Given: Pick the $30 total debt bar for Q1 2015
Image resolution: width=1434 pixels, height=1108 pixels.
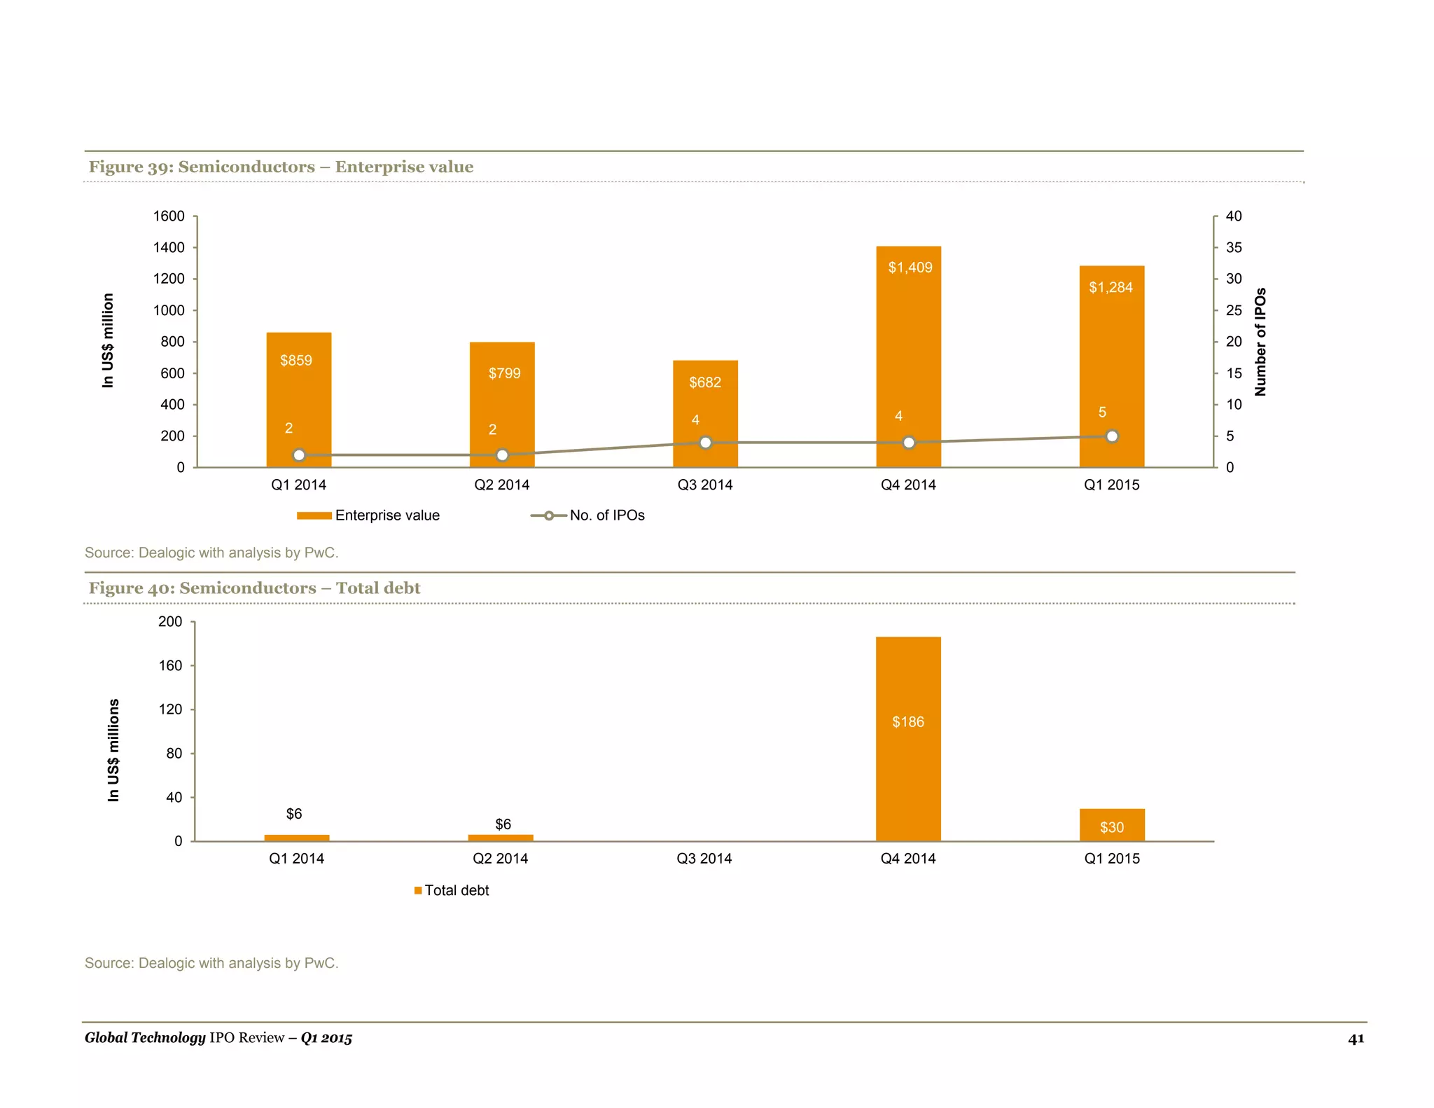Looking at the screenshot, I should click(x=1112, y=825).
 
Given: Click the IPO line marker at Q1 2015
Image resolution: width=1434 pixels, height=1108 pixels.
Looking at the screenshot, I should click(x=1112, y=436).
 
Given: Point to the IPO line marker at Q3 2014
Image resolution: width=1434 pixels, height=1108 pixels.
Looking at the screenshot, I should click(x=706, y=443).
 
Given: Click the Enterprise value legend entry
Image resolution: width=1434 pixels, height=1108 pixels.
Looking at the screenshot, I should click(x=369, y=515).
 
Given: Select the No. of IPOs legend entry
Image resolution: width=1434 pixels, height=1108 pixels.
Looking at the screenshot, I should click(x=588, y=515).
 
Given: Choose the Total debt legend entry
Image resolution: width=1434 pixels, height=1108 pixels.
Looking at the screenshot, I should click(x=452, y=890).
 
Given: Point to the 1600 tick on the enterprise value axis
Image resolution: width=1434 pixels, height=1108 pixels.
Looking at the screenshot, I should click(x=169, y=216).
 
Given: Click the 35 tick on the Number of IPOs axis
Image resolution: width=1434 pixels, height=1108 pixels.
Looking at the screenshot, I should click(x=1234, y=247).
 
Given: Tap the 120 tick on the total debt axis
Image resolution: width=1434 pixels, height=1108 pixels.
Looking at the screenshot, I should click(x=170, y=709).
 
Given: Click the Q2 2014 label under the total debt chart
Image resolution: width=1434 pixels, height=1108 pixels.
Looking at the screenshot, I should click(x=501, y=859).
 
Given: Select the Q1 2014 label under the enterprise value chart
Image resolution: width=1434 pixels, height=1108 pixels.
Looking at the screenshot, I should click(x=298, y=485).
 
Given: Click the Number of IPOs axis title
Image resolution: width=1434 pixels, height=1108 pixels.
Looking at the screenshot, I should click(x=1260, y=342).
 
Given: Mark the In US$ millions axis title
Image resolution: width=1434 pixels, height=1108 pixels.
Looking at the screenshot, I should click(x=113, y=750).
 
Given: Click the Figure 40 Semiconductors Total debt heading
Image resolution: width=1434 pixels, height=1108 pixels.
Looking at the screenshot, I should click(x=254, y=588).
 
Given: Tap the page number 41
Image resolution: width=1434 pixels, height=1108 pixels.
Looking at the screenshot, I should click(x=1356, y=1039).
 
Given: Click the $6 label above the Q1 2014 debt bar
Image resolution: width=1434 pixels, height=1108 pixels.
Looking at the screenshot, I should click(x=294, y=814).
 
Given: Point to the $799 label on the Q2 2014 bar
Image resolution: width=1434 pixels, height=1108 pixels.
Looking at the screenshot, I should click(x=504, y=373).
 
